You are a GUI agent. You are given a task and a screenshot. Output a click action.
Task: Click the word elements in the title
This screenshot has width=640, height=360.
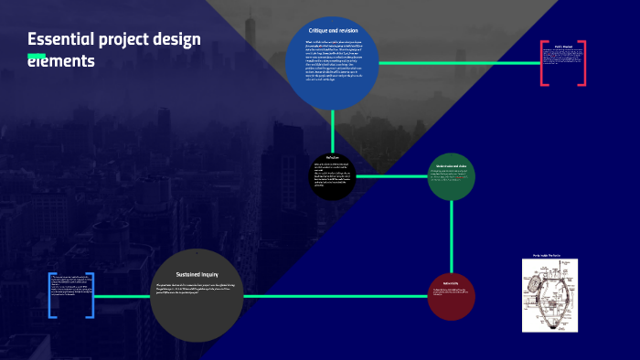[x=61, y=62]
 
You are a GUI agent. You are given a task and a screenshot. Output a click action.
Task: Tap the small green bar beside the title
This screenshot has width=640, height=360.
[x=37, y=58]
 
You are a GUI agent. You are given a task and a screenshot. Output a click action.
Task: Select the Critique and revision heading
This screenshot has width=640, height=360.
[x=332, y=31]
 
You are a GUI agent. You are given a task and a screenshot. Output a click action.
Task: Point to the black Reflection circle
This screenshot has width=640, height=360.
[x=332, y=174]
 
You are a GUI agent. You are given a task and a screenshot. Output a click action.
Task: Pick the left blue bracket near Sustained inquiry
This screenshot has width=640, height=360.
[x=51, y=294]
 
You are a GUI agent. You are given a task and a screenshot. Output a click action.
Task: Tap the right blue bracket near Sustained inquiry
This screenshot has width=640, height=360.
[x=92, y=294]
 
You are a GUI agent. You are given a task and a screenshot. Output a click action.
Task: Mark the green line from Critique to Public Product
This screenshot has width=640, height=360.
[x=457, y=63]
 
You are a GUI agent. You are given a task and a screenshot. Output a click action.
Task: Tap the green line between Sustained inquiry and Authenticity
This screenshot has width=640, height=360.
[x=338, y=296]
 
